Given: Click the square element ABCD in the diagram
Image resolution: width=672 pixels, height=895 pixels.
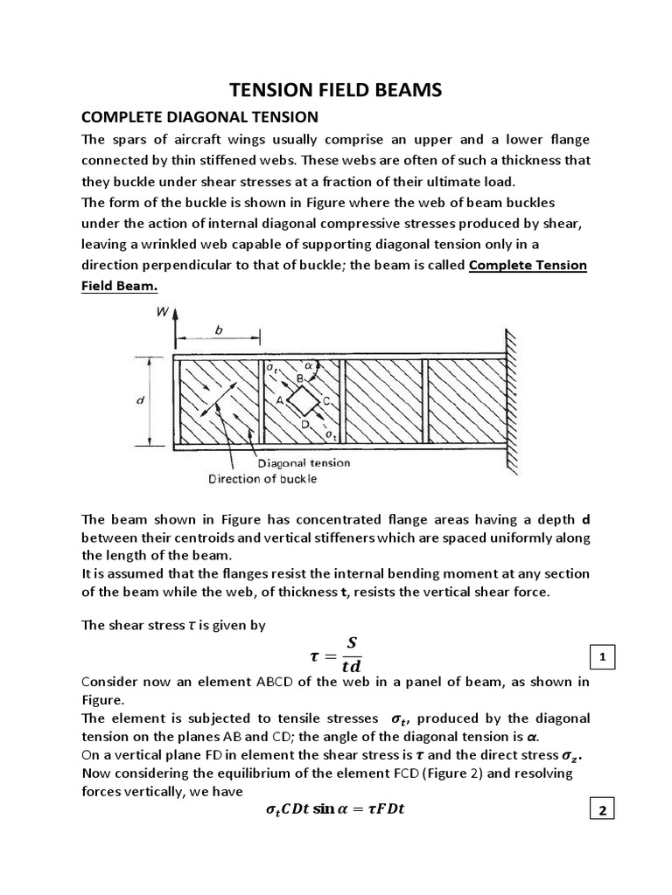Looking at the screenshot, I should (x=303, y=401).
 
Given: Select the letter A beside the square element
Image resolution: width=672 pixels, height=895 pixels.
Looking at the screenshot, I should (x=281, y=401).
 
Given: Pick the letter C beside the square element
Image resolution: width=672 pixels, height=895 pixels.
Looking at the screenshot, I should (x=325, y=401).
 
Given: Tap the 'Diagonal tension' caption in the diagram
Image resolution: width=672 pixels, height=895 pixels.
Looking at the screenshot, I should (x=304, y=463).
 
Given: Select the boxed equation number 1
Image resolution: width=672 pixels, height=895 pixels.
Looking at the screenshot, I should (x=601, y=657).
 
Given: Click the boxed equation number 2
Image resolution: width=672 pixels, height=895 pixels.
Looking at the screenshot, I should (x=601, y=811).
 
